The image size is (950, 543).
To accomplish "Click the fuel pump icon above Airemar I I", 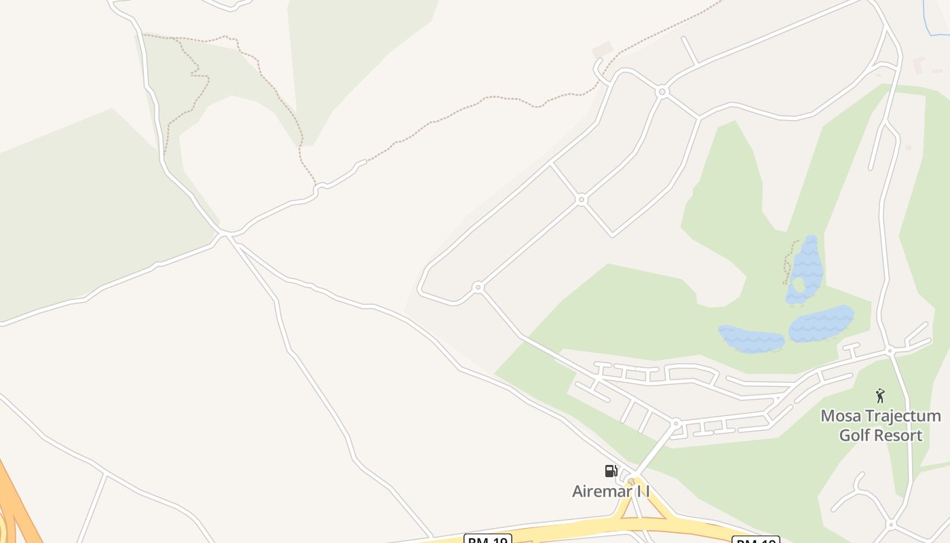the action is coord(611,470).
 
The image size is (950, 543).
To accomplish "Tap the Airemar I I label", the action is coord(611,491).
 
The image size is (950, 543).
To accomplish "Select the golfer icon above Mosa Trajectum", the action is coord(880,396).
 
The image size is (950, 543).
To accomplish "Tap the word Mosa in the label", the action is coord(835,416).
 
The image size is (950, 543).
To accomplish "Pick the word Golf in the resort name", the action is coord(854,435).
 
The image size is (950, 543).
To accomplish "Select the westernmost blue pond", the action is coord(751,339).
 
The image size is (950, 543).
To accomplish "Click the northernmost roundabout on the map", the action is coord(662,91).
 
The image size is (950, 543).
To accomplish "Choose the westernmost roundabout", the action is coord(478,288).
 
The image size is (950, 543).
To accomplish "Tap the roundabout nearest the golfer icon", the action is coord(890,351).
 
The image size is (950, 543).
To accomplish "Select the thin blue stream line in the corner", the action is coord(928,17).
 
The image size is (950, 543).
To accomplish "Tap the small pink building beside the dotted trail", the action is coord(602,50).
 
